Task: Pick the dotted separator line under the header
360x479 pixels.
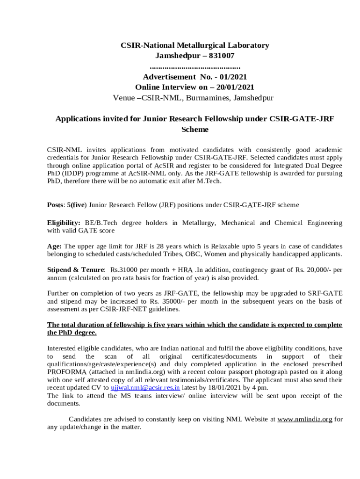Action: coord(194,66)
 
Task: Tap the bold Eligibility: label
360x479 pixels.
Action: coord(64,223)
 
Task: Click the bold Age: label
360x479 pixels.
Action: coord(55,246)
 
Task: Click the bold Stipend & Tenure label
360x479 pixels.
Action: coord(76,270)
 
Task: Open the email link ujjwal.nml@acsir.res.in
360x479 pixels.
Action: coord(145,388)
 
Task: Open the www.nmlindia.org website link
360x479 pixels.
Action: coord(305,419)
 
